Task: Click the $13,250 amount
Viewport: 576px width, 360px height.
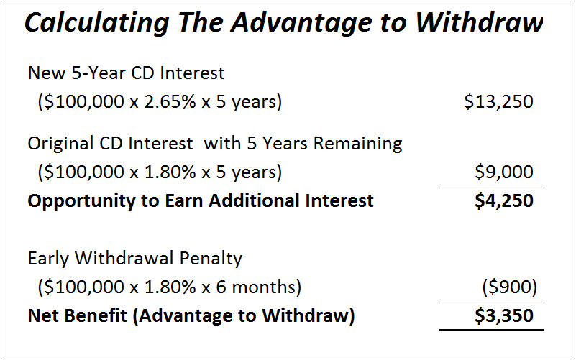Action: click(498, 101)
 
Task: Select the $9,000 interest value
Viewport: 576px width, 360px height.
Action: click(504, 172)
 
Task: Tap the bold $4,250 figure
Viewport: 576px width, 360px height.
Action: click(504, 200)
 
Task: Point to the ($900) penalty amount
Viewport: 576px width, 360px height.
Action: click(509, 287)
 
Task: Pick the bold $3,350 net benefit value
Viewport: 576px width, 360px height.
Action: click(504, 316)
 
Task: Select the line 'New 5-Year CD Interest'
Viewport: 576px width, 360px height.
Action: click(126, 73)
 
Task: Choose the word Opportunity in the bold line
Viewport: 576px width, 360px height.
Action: click(77, 200)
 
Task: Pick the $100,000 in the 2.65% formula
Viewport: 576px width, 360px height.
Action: click(85, 102)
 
